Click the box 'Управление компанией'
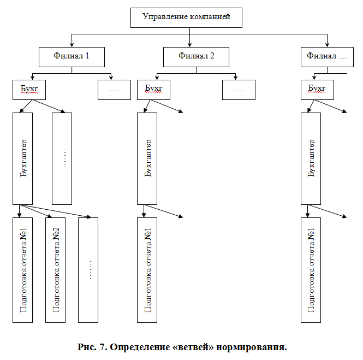(x=186, y=17)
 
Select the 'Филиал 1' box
(x=72, y=56)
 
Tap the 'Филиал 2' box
(x=196, y=56)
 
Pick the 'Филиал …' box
(x=326, y=56)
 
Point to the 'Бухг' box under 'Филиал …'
(x=318, y=90)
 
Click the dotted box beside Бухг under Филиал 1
(x=114, y=90)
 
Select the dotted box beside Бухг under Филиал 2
(x=239, y=90)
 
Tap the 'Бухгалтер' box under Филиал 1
(x=22, y=158)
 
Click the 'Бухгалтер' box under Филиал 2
(x=147, y=158)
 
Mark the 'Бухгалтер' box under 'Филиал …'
(x=311, y=158)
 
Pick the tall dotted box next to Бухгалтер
(x=62, y=158)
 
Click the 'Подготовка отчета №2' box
(x=55, y=269)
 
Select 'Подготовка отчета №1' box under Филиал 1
(x=22, y=269)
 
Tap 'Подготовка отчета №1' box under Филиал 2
(x=147, y=269)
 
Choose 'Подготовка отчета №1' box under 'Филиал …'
(x=311, y=269)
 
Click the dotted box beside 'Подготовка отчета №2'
(x=88, y=269)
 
